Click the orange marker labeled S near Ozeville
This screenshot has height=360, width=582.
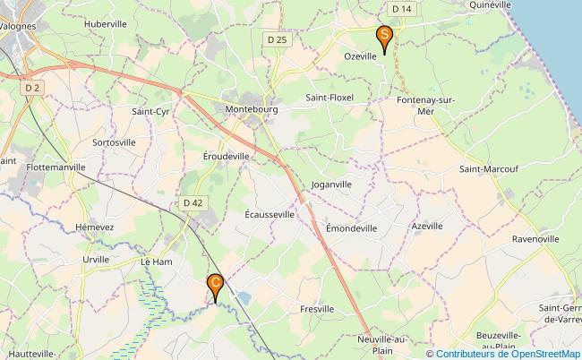click(384, 38)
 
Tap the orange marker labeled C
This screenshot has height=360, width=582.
click(216, 285)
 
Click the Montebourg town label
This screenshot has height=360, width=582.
click(252, 109)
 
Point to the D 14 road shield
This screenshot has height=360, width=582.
click(402, 9)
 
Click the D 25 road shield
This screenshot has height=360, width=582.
click(278, 40)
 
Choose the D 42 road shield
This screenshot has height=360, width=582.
click(193, 203)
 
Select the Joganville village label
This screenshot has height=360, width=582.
click(331, 184)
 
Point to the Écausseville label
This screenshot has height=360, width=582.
click(270, 215)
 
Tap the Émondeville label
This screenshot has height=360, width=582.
click(351, 228)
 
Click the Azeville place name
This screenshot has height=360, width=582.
click(427, 226)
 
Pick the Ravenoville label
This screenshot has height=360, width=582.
click(535, 240)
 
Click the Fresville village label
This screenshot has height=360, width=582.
click(317, 308)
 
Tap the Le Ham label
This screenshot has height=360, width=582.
click(156, 261)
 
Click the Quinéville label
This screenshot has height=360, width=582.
click(490, 4)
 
